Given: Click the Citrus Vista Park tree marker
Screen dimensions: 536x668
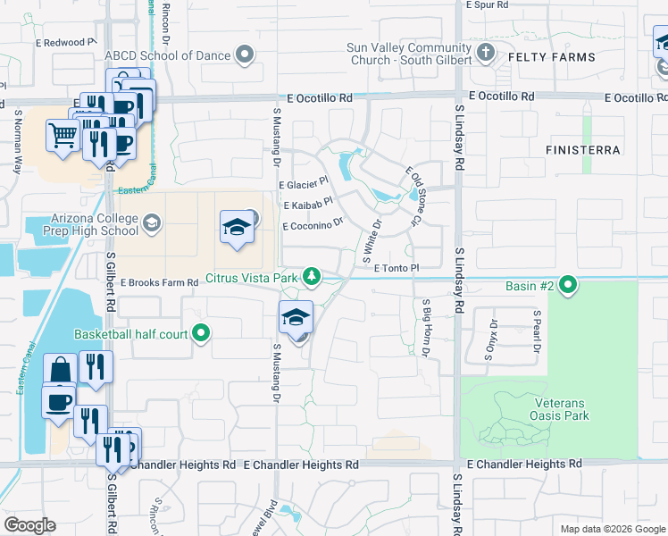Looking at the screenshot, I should (311, 278).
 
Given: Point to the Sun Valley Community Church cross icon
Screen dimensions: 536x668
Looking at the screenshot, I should (486, 53).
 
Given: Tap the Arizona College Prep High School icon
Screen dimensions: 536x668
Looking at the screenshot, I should (152, 222).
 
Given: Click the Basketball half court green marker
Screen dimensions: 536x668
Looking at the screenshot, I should (202, 334).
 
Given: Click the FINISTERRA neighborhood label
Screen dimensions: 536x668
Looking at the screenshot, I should (583, 148).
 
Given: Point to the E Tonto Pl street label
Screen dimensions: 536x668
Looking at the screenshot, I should (397, 267).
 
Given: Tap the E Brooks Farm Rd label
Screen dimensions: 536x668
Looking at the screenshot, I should (159, 282).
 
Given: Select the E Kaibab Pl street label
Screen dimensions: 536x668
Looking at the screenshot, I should (308, 205).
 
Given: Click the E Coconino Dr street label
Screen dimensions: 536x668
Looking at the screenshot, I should (313, 226).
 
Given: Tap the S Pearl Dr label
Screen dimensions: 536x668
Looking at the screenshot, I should (537, 331).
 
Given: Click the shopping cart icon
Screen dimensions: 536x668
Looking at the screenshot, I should (63, 137).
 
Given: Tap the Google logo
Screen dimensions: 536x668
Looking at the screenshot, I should (30, 525).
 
